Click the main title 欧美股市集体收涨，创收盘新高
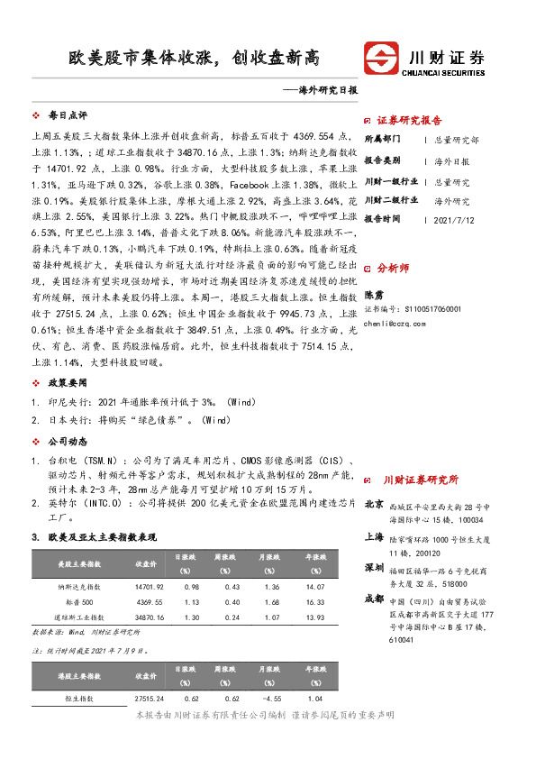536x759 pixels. click(x=196, y=59)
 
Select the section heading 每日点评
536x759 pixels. click(x=67, y=116)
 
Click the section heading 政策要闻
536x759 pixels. click(x=67, y=381)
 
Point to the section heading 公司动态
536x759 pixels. click(x=67, y=442)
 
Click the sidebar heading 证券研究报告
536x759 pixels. click(x=408, y=120)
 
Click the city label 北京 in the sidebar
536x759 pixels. click(x=374, y=505)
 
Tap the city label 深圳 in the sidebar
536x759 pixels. click(x=374, y=568)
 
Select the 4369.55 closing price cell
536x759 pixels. click(x=150, y=601)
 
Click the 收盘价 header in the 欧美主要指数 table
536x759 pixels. click(x=147, y=564)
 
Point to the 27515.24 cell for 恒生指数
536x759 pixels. click(x=150, y=699)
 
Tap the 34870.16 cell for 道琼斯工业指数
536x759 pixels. click(x=150, y=617)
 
